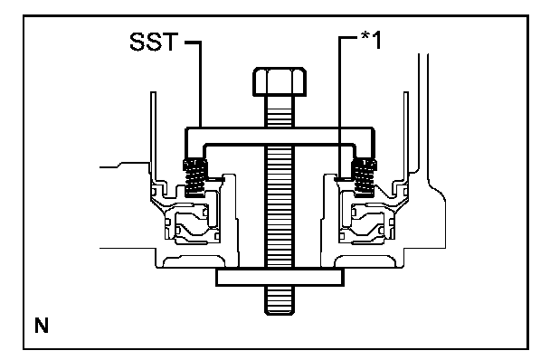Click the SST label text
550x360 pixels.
point(154,42)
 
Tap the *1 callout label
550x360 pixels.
point(371,40)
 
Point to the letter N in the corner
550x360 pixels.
point(42,326)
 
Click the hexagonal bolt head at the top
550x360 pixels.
point(280,81)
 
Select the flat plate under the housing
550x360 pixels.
point(280,277)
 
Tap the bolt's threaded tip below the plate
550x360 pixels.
point(280,300)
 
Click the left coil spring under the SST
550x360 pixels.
point(194,177)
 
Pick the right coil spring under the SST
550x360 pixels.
point(365,176)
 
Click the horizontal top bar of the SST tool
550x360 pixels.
point(280,136)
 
